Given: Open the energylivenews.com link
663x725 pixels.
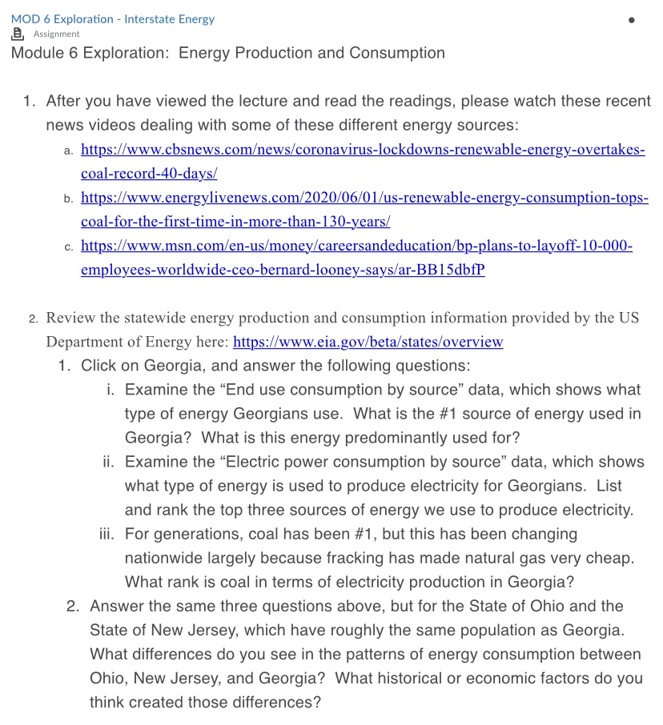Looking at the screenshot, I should pos(364,198).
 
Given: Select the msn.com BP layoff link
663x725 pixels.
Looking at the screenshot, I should pos(357,246).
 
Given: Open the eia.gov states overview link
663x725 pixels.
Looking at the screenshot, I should pos(368,342).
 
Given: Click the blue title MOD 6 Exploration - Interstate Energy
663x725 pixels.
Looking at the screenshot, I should pos(113,19).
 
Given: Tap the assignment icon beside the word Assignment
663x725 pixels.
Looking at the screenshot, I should pos(18,34).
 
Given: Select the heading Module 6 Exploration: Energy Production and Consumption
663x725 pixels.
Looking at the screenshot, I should pos(228,54).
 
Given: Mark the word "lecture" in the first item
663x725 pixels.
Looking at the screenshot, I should pos(257,102).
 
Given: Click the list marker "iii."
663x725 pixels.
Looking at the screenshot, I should pos(106,534).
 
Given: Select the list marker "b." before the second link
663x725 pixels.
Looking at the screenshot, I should pos(69,198).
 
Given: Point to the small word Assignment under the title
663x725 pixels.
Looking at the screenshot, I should pos(56,34).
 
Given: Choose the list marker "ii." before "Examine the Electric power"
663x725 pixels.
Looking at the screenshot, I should pos(109,462).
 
